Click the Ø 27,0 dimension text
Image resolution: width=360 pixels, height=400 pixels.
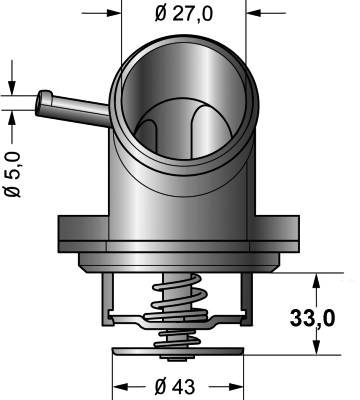point(184,14)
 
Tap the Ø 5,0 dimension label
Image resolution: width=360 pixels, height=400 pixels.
point(13,174)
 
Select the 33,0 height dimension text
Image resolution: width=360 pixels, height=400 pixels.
point(312,318)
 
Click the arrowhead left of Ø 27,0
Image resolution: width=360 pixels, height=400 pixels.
point(114,14)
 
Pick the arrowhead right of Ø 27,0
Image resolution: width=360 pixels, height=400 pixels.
point(253,14)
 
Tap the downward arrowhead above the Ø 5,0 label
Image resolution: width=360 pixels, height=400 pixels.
point(12,88)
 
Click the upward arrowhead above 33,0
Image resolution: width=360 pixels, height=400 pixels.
point(317,281)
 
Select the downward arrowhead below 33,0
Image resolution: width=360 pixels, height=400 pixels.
point(317,347)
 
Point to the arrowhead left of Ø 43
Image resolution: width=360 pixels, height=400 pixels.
point(121,387)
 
